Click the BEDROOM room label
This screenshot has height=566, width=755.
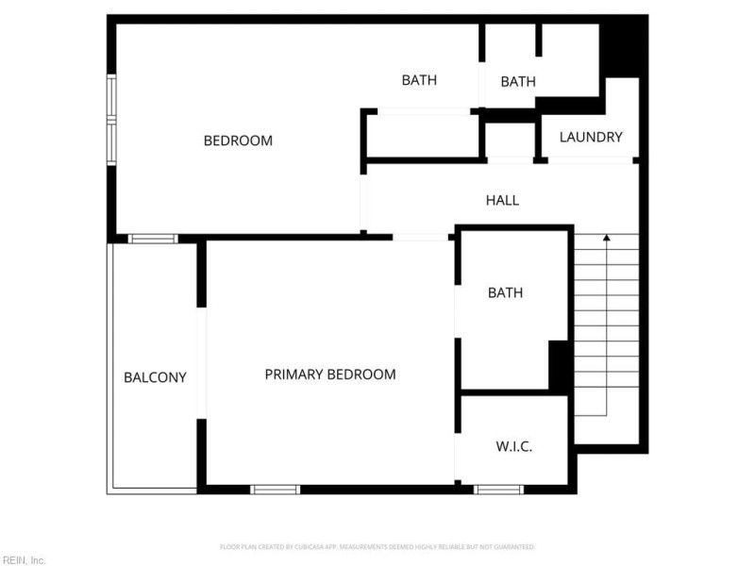[x=238, y=141]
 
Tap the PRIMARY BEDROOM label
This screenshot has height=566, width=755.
[x=329, y=375]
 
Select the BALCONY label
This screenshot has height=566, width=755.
[x=155, y=377]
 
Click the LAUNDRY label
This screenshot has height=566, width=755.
[x=591, y=138]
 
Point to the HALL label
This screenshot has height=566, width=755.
[x=502, y=200]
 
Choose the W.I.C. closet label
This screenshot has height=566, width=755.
[x=514, y=446]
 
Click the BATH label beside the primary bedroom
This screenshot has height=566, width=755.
[x=505, y=293]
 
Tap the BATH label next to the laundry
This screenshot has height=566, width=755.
[x=518, y=82]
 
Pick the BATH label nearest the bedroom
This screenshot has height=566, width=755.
[x=419, y=80]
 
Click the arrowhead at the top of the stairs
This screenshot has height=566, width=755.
[x=605, y=238]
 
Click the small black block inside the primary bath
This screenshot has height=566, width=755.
[x=560, y=365]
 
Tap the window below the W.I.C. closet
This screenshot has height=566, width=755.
[x=498, y=490]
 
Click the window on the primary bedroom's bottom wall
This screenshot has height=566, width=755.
[x=275, y=490]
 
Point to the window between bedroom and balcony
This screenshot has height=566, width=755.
[x=153, y=239]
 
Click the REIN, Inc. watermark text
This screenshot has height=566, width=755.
[x=24, y=560]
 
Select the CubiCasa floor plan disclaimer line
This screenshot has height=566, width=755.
[x=377, y=547]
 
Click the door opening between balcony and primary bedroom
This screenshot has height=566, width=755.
[x=201, y=362]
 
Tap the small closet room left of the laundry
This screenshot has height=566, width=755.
[x=510, y=140]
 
